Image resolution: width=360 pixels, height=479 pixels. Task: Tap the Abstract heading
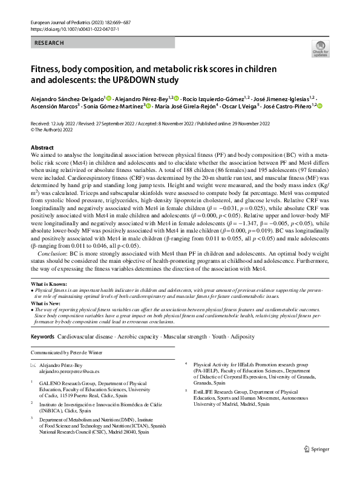42,148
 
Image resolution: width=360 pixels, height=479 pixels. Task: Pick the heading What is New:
48,302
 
